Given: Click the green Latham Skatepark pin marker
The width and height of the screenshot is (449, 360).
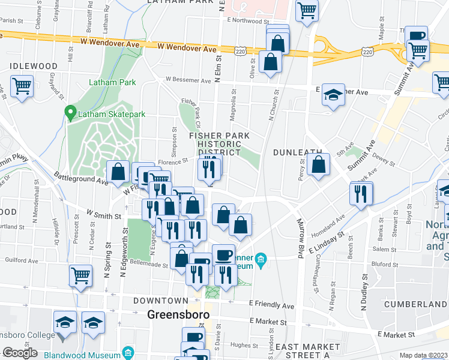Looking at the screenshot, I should (x=70, y=112).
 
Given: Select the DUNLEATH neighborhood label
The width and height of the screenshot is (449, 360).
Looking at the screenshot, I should (x=298, y=152).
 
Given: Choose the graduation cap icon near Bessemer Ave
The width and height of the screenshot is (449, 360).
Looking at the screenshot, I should (x=333, y=95).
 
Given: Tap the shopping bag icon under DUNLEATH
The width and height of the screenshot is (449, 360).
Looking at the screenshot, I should (x=319, y=164).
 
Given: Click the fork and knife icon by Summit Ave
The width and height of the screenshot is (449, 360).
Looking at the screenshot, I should (x=361, y=193).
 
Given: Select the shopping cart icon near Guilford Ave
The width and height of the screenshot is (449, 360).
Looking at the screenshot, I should (x=80, y=275).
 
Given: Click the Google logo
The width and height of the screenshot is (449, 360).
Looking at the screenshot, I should (x=20, y=353).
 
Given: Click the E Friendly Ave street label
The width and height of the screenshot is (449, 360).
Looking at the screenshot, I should (x=273, y=306).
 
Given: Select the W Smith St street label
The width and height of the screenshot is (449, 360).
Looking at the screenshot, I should (x=104, y=214).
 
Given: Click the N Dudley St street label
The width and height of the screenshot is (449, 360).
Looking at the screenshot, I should (x=364, y=293).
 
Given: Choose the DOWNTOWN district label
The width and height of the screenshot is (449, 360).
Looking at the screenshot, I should (x=161, y=300).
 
